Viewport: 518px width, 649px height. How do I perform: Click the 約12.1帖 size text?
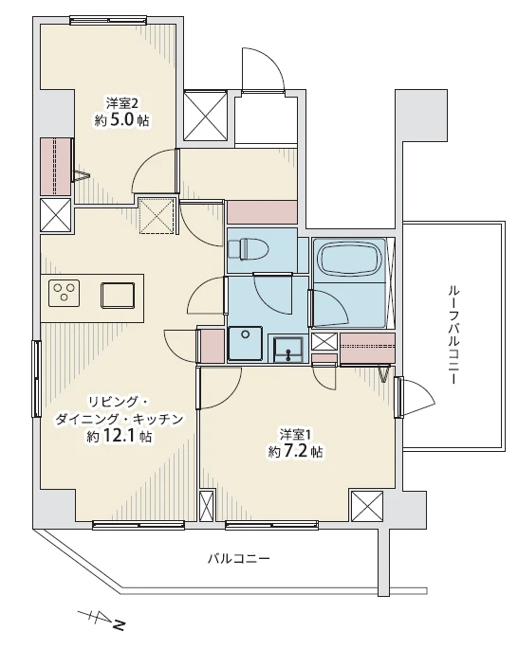119,437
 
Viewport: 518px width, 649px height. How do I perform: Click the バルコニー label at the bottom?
239,558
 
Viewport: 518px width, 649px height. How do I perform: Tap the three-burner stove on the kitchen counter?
65,293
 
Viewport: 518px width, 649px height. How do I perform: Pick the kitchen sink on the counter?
120,294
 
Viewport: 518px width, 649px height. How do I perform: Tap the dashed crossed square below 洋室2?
157,215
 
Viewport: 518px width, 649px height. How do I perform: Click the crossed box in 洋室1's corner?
366,506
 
